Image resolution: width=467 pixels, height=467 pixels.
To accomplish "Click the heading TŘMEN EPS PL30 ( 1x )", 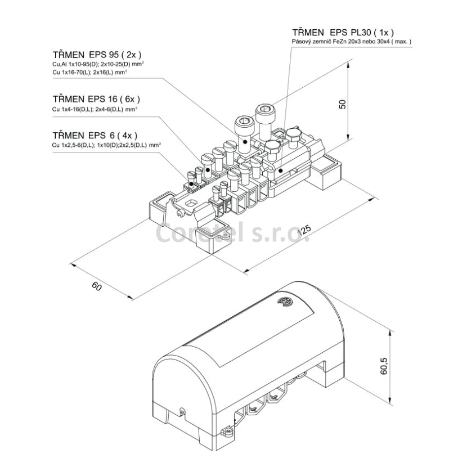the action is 343,32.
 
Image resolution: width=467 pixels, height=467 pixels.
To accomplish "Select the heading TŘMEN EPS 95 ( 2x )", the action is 97,55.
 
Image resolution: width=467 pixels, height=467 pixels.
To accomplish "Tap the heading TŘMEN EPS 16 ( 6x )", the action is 96,98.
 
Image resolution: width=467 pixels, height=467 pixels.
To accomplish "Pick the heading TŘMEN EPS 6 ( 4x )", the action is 95,136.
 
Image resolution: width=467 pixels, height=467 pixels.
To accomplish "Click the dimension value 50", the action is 343,104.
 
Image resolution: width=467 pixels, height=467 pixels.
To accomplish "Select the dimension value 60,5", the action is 384,366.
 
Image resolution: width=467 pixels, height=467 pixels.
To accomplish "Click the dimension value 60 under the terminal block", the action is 97,286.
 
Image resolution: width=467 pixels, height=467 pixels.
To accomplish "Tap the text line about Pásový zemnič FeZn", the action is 352,42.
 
